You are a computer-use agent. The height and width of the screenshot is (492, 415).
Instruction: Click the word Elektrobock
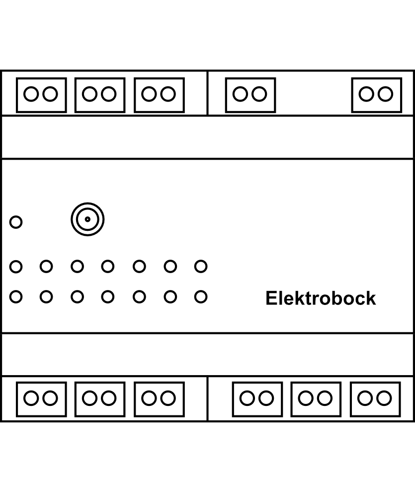pyautogui.click(x=321, y=298)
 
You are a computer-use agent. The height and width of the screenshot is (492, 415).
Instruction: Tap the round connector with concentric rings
pyautogui.click(x=87, y=219)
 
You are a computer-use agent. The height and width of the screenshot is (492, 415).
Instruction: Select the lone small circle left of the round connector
pyautogui.click(x=16, y=222)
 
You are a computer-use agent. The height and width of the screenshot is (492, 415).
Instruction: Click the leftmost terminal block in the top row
pyautogui.click(x=41, y=95)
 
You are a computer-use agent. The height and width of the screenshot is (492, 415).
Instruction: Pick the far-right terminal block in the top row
pyautogui.click(x=376, y=95)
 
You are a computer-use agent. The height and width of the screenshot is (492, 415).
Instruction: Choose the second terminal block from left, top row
pyautogui.click(x=99, y=95)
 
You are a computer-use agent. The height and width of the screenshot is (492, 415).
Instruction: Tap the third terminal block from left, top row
pyautogui.click(x=159, y=95)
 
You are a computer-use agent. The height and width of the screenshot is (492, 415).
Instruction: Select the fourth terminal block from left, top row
pyautogui.click(x=250, y=95)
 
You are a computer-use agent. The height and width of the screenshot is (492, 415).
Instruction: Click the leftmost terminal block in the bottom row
pyautogui.click(x=41, y=398)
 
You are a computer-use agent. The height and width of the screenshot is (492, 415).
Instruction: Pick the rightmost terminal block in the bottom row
pyautogui.click(x=375, y=398)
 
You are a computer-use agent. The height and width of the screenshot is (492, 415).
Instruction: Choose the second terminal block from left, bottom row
pyautogui.click(x=99, y=398)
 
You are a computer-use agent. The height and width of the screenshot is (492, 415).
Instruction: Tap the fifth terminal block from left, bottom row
pyautogui.click(x=316, y=398)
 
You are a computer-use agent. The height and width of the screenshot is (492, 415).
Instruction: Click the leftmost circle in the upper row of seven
pyautogui.click(x=16, y=267)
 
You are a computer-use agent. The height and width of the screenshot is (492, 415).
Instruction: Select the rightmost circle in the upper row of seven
pyautogui.click(x=201, y=267)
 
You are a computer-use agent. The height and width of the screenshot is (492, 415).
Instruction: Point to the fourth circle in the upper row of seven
pyautogui.click(x=108, y=267)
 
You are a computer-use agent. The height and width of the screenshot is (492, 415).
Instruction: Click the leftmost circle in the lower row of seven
pyautogui.click(x=16, y=297)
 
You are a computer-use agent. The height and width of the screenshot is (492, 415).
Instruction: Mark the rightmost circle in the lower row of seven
pyautogui.click(x=201, y=297)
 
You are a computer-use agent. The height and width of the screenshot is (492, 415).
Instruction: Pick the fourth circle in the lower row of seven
pyautogui.click(x=108, y=297)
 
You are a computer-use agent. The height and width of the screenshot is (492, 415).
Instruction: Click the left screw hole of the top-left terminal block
pyautogui.click(x=32, y=94)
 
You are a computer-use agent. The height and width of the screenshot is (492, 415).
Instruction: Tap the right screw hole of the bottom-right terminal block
pyautogui.click(x=384, y=398)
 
